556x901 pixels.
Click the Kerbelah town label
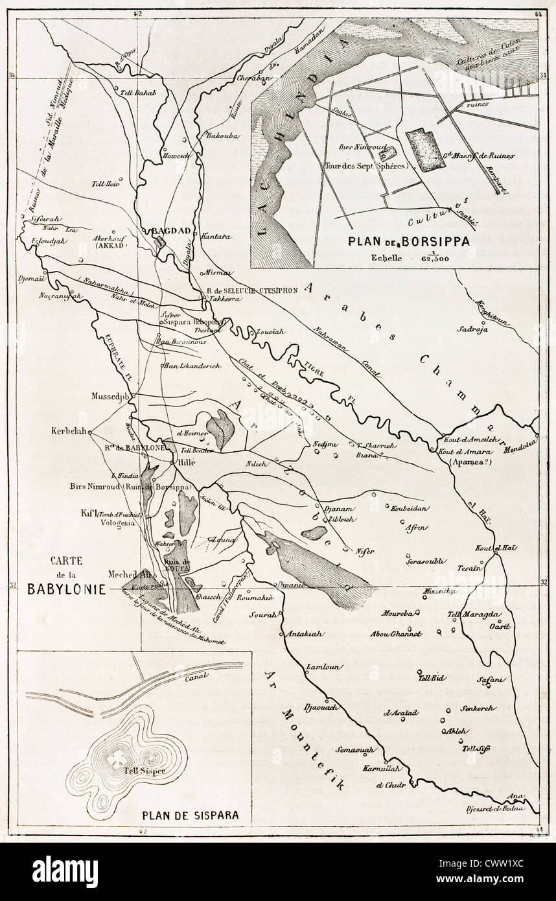tap(68, 431)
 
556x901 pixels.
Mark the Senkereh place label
tap(478, 708)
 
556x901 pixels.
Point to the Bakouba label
tap(218, 136)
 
